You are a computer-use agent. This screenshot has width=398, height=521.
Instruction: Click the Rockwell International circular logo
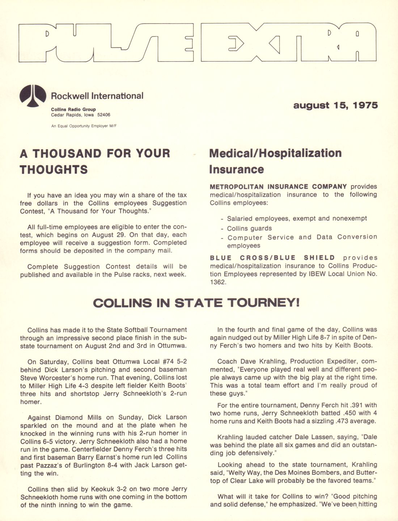click(x=33, y=96)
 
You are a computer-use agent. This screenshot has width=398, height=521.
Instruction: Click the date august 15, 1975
click(x=335, y=106)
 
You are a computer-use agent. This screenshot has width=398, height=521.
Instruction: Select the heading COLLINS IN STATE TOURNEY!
click(x=196, y=303)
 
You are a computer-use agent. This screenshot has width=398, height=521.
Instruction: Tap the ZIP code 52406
click(x=104, y=115)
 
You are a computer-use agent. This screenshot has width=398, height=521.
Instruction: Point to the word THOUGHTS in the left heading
click(x=54, y=170)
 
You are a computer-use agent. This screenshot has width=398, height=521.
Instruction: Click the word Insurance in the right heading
click(x=237, y=169)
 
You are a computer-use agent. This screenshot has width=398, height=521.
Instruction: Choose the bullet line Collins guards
click(x=249, y=229)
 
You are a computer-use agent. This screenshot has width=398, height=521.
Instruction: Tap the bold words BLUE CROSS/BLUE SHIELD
click(x=272, y=258)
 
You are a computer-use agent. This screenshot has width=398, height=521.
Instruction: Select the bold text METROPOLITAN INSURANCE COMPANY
click(x=278, y=187)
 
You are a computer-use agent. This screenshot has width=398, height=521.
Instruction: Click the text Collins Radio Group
click(x=73, y=110)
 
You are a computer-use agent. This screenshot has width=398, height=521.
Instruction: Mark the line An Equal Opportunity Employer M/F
click(x=84, y=126)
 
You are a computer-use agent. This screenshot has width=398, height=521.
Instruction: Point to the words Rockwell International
click(x=97, y=96)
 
